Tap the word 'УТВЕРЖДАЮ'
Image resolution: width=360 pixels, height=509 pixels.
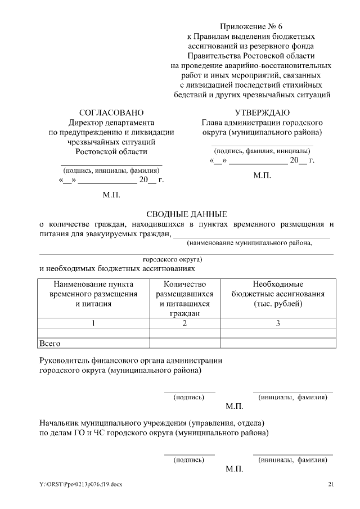[262, 112]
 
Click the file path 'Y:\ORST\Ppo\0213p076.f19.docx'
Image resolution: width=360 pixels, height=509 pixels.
[80, 484]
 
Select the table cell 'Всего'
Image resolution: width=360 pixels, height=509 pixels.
[49, 343]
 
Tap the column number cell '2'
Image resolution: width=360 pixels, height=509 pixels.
[184, 323]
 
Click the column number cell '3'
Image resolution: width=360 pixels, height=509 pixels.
[277, 323]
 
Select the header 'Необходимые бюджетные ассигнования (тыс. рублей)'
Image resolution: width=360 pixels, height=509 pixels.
[277, 294]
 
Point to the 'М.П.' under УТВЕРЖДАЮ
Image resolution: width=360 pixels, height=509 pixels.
[262, 175]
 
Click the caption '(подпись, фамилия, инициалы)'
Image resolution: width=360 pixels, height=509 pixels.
[262, 151]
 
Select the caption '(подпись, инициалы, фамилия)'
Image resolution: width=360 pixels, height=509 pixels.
[111, 170]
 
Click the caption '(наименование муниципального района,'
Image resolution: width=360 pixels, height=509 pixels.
[250, 243]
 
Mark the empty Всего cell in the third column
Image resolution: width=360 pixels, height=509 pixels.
[277, 343]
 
